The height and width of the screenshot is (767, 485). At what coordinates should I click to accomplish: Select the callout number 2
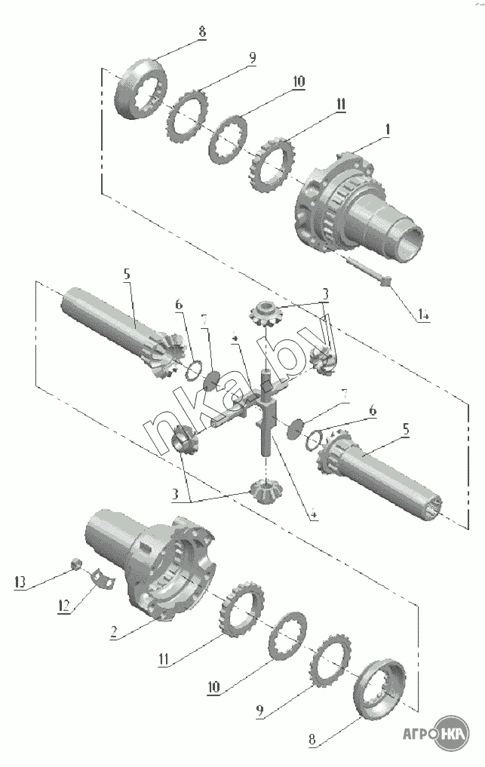pyautogui.click(x=114, y=633)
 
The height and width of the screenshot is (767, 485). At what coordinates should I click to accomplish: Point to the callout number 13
pyautogui.click(x=20, y=582)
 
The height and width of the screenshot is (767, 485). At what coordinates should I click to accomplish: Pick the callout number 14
pyautogui.click(x=423, y=316)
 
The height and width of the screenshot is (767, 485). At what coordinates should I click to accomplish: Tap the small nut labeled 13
pyautogui.click(x=76, y=563)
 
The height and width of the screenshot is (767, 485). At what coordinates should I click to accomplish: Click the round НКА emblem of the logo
pyautogui.click(x=452, y=733)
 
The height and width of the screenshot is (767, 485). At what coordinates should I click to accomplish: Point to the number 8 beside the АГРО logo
pyautogui.click(x=312, y=739)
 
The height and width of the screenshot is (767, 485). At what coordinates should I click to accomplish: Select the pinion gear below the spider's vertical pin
pyautogui.click(x=264, y=491)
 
